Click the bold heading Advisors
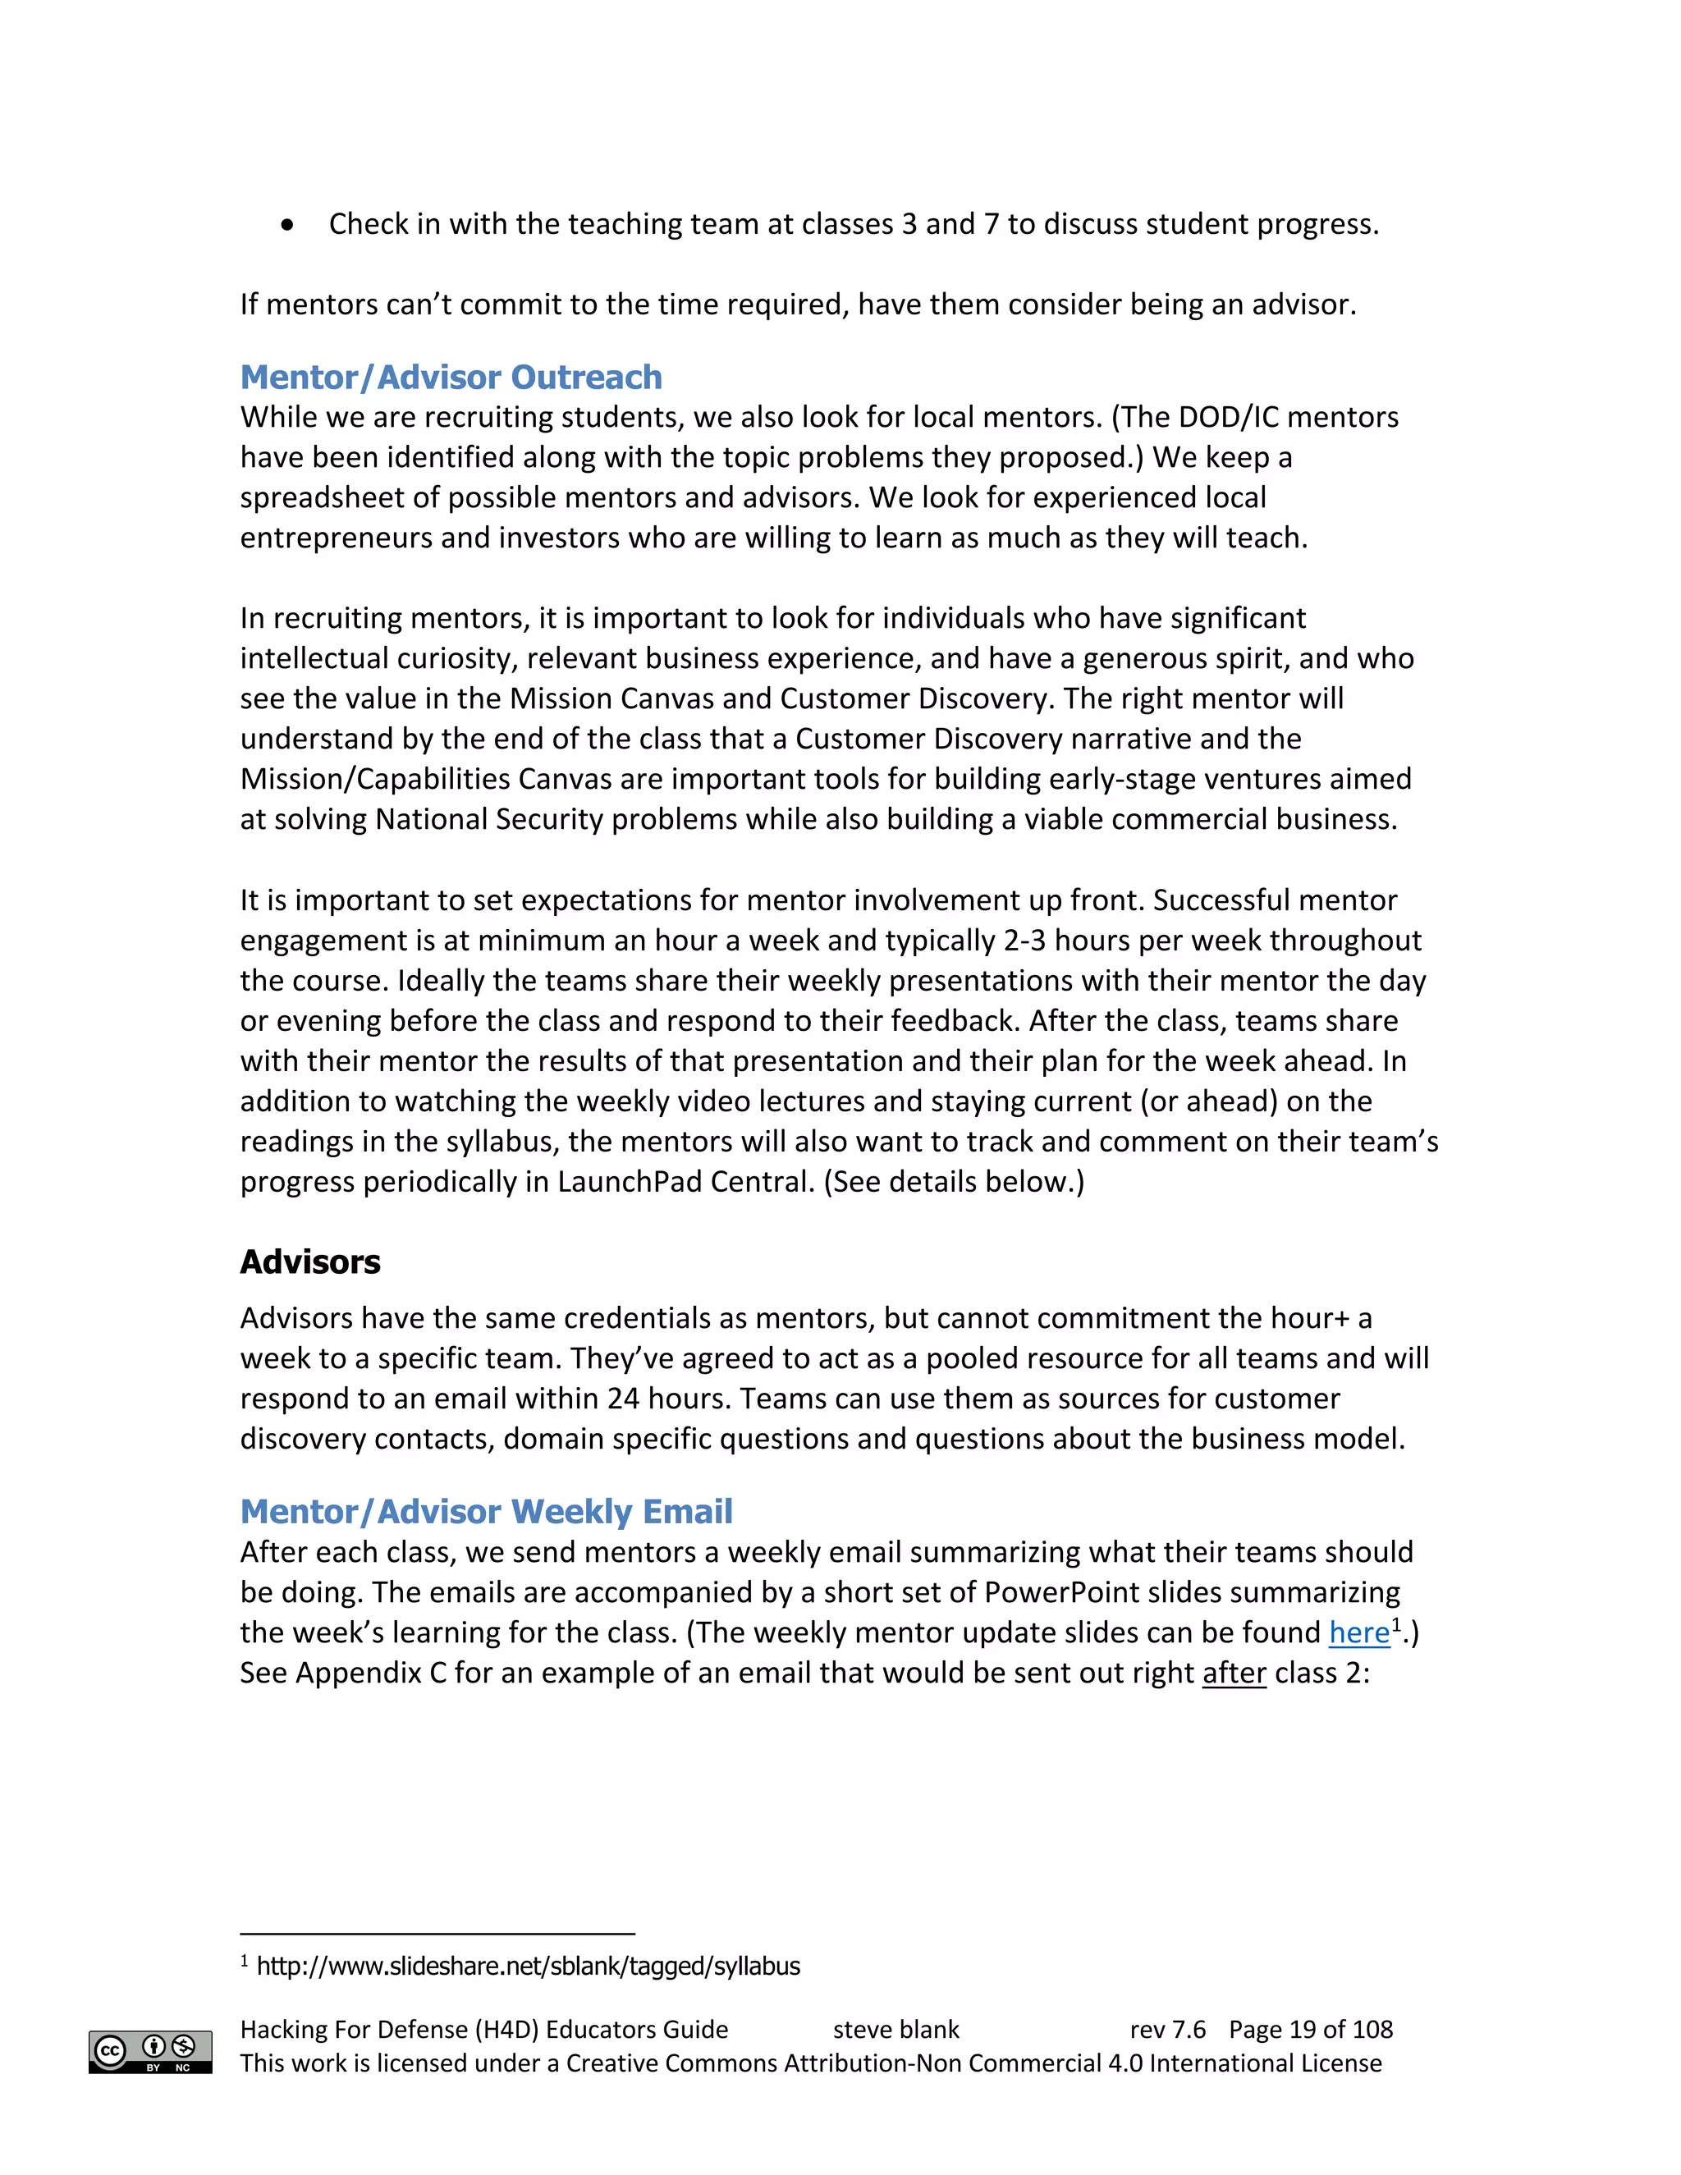[309, 1261]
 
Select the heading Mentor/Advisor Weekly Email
[486, 1512]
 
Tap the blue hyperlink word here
[1358, 1632]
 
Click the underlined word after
[1234, 1673]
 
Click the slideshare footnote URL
[528, 1966]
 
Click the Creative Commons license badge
[150, 2052]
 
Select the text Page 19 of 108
[1311, 2030]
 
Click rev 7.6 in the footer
[1167, 2030]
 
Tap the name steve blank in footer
[895, 2030]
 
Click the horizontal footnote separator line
[437, 1933]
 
